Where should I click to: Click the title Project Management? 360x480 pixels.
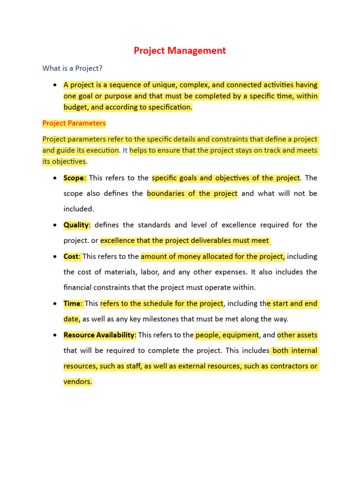[180, 51]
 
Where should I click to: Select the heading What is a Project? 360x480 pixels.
[72, 68]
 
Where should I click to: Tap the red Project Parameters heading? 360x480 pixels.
[74, 123]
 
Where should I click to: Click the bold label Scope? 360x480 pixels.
[74, 178]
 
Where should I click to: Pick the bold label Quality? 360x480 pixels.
[76, 225]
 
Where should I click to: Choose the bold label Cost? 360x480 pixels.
[72, 256]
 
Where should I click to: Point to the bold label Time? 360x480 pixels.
[72, 303]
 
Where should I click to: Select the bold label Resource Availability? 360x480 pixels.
[99, 335]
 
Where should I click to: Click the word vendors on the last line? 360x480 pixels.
[77, 382]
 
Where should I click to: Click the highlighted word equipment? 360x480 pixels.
[238, 335]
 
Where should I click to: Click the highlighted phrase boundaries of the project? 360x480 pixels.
[192, 194]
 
